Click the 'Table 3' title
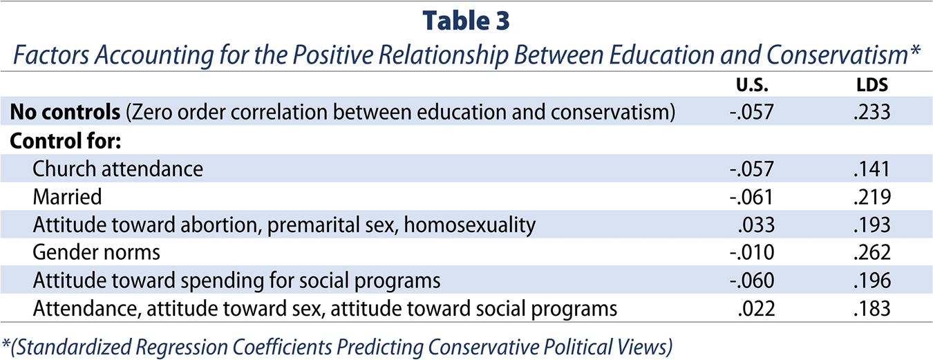(466, 21)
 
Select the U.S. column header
(752, 85)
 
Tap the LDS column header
(872, 85)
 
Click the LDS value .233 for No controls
(871, 112)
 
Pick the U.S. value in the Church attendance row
(751, 169)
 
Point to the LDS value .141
(871, 169)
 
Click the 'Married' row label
(67, 197)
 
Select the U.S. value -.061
(751, 197)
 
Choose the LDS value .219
(871, 197)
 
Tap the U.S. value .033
(756, 225)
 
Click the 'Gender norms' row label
(96, 252)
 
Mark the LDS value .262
(871, 252)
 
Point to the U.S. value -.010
(752, 252)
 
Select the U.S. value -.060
(752, 280)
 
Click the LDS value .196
(871, 280)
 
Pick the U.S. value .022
(756, 308)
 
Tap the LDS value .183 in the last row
(871, 308)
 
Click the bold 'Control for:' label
(66, 141)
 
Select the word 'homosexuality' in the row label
(469, 225)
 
